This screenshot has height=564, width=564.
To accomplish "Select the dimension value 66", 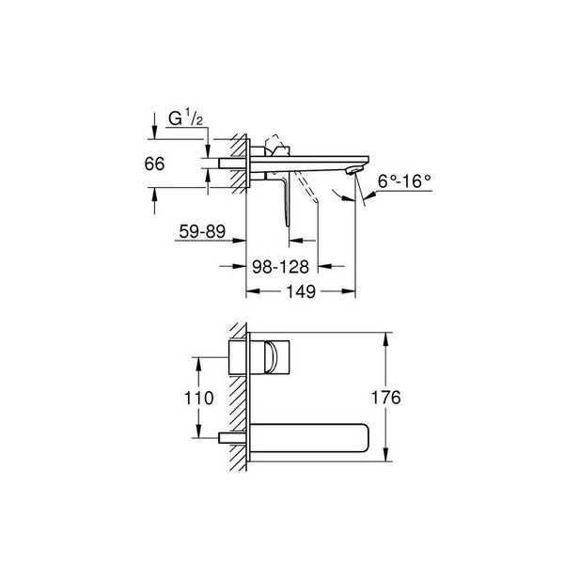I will coord(155,164).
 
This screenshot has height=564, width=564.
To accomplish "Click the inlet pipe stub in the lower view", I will coord(231,437).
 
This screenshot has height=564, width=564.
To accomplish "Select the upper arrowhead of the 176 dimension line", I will coord(385,337).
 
